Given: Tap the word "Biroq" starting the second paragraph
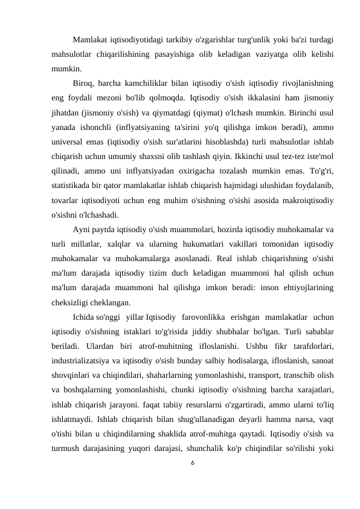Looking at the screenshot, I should tap(84, 82).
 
